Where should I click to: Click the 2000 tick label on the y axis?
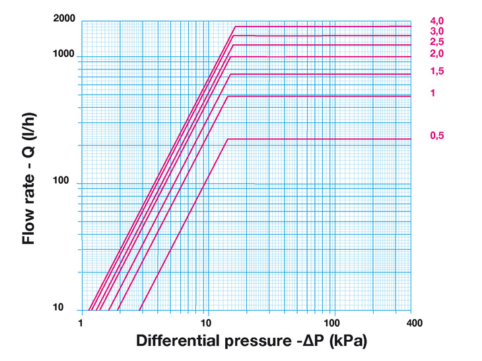click(65, 18)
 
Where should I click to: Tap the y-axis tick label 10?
click(71, 307)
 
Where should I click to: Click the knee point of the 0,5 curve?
click(228, 139)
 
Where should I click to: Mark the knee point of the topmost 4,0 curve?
click(235, 26)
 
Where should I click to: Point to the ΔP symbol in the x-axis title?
click(308, 342)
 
